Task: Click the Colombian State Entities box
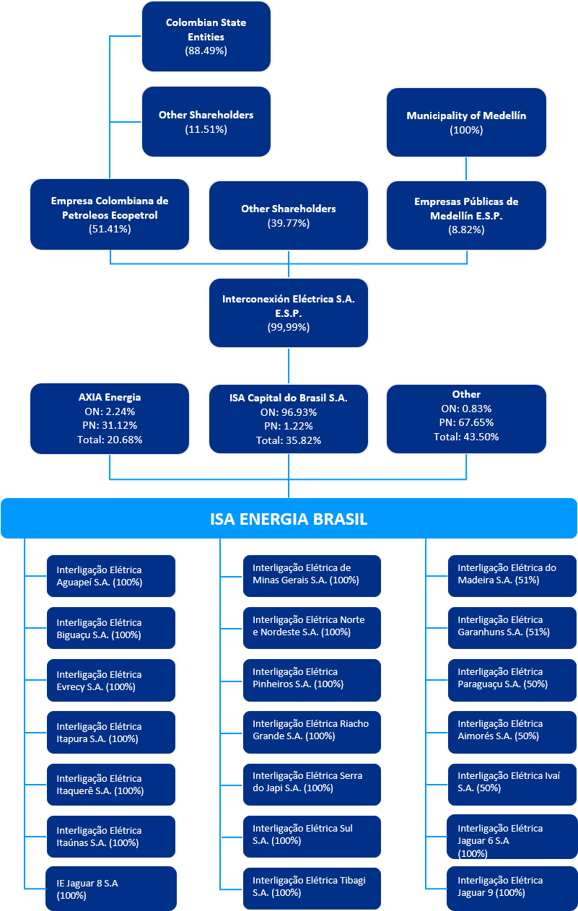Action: coord(206,36)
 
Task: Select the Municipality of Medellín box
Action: coord(466,122)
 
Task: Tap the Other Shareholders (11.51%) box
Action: coord(206,121)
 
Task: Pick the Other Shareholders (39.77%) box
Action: coord(288,215)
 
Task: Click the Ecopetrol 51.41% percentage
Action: coord(110,229)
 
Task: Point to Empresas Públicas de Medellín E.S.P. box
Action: coord(466,215)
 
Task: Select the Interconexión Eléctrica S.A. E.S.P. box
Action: coord(288,313)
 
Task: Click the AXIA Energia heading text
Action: coord(110,397)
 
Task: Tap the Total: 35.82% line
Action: coord(288,440)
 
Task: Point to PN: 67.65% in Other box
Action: coord(466,422)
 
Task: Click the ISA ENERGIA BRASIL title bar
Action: coord(289,518)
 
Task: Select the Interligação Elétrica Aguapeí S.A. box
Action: coord(111,576)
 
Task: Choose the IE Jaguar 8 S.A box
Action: coord(111,889)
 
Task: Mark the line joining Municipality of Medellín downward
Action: coord(466,168)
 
